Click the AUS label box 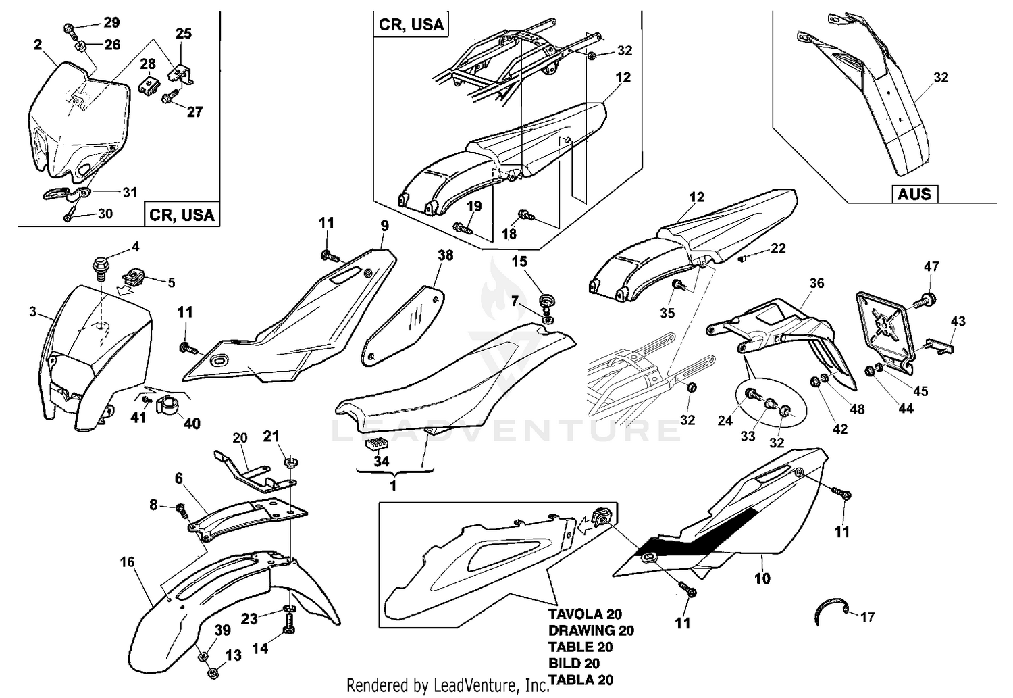pyautogui.click(x=914, y=194)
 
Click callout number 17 pyautogui.click(x=868, y=617)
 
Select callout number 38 pyautogui.click(x=445, y=255)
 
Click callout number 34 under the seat pyautogui.click(x=382, y=462)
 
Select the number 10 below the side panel pyautogui.click(x=762, y=578)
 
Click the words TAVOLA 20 pyautogui.click(x=585, y=614)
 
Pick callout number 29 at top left pyautogui.click(x=111, y=22)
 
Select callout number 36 pyautogui.click(x=816, y=282)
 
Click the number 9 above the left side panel pyautogui.click(x=384, y=225)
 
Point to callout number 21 pyautogui.click(x=271, y=437)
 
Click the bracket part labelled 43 pyautogui.click(x=940, y=346)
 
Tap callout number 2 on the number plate pyautogui.click(x=38, y=45)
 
